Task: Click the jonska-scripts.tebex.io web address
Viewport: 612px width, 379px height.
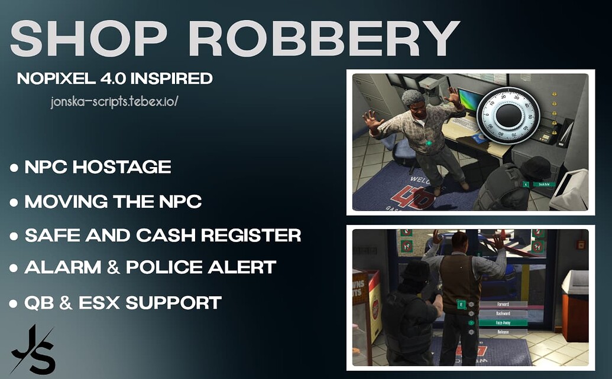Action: [x=115, y=102]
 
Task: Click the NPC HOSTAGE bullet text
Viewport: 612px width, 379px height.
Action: [x=98, y=168]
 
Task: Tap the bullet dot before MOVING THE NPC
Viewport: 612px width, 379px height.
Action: [x=14, y=202]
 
